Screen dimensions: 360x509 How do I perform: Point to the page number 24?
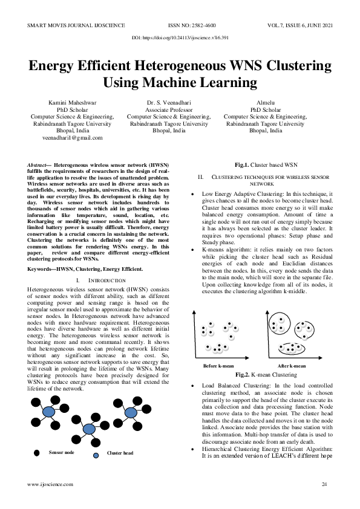click(324, 484)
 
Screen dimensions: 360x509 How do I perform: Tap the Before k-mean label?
click(218, 366)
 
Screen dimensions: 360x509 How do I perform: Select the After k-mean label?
click(292, 366)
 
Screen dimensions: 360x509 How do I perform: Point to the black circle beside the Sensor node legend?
click(37, 452)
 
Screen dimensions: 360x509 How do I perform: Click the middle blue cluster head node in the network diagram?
click(89, 429)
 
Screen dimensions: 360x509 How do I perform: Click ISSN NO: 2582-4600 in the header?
click(179, 26)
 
